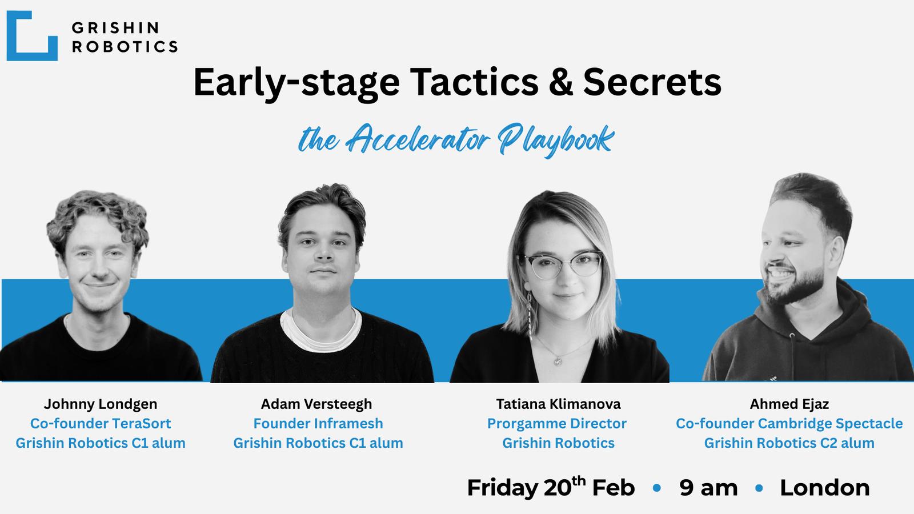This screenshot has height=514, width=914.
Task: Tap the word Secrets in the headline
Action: coord(652,82)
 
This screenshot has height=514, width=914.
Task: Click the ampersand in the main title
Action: coord(561,82)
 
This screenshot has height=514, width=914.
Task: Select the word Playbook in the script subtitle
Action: coord(556,140)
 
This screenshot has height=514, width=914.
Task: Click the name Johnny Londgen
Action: coord(101,404)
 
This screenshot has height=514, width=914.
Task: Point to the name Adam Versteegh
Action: coord(316,404)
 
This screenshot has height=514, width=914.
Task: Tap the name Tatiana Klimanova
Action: coord(558,404)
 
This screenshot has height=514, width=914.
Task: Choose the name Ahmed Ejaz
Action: coord(789,404)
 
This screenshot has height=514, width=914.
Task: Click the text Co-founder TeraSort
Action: coord(101,423)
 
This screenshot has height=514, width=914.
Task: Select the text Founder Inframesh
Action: coord(318,423)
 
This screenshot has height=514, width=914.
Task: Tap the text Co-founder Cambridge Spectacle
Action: coord(789,423)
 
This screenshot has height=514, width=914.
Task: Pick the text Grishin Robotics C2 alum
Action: coord(789,443)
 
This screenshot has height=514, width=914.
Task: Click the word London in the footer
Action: coord(825,488)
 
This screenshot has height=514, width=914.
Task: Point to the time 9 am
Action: coord(709,488)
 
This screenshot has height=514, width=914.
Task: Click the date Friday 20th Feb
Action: coord(551,487)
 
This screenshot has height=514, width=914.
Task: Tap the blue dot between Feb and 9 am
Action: coord(657,488)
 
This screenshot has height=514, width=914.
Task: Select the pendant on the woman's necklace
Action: coord(558,360)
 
